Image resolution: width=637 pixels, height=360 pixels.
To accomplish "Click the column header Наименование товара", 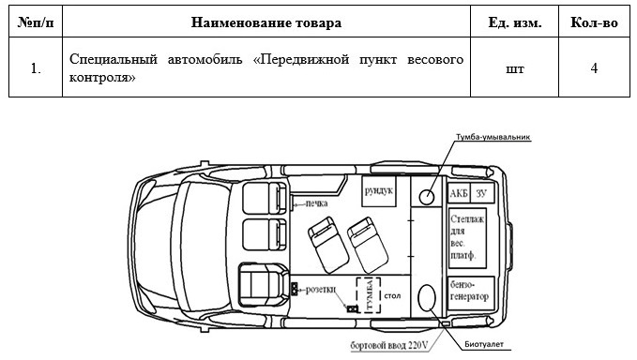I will [265, 22].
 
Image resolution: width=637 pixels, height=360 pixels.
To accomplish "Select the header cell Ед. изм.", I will [516, 22].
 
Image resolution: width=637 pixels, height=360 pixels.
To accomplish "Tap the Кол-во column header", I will [595, 22].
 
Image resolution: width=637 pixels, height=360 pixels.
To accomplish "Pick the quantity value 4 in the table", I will [595, 68].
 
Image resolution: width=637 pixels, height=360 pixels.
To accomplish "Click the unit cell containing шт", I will [516, 68].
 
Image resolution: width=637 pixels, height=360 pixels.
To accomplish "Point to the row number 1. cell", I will [35, 68].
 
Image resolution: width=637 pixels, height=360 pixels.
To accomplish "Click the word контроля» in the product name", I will [102, 78].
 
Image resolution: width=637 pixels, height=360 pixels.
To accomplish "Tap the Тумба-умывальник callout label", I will [495, 137].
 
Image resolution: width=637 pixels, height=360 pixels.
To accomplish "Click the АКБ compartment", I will [459, 192].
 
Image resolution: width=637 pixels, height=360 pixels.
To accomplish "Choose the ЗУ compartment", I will [482, 192].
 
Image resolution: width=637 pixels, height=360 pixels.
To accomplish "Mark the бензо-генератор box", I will [470, 290].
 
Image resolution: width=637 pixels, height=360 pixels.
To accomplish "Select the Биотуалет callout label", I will [485, 345].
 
